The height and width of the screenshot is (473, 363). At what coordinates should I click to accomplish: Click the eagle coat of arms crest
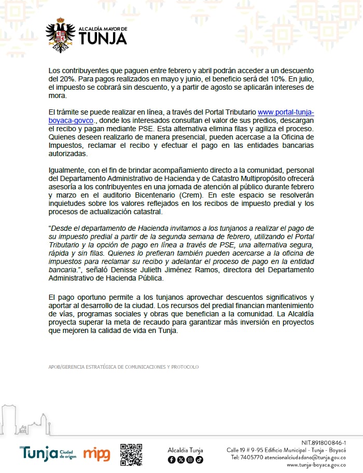pos(60,35)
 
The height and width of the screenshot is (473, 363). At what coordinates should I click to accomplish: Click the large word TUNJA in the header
pos(103,38)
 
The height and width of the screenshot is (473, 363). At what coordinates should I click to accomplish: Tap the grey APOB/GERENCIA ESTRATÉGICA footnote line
pos(123,367)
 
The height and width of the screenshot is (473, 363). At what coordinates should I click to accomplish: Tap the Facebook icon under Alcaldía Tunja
pos(172,460)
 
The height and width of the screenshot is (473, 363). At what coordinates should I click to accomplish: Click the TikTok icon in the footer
pos(199,460)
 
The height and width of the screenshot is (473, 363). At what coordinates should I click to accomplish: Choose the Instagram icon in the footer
pos(190,460)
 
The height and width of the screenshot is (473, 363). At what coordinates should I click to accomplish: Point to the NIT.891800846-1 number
pos(323,442)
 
